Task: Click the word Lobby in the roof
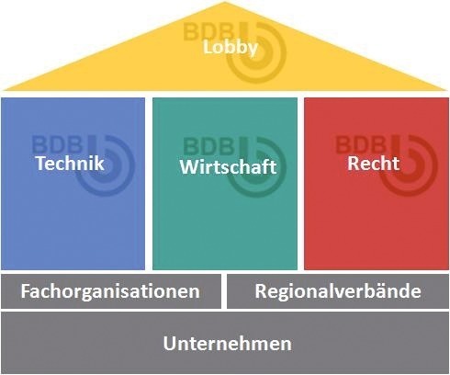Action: point(231,49)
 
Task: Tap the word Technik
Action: point(70,163)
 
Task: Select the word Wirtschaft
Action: point(228,167)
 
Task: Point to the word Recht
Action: point(374,163)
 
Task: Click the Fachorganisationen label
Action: point(110,291)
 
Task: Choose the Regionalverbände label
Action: point(338,290)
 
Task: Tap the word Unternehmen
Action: point(227,344)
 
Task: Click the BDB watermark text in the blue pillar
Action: point(57,144)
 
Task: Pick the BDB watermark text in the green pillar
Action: point(209,146)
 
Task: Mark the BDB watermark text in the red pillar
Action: point(361,144)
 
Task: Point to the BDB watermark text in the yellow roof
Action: point(208,31)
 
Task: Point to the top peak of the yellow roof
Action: point(224,2)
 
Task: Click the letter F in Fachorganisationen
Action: point(26,290)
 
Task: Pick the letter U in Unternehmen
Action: point(170,344)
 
